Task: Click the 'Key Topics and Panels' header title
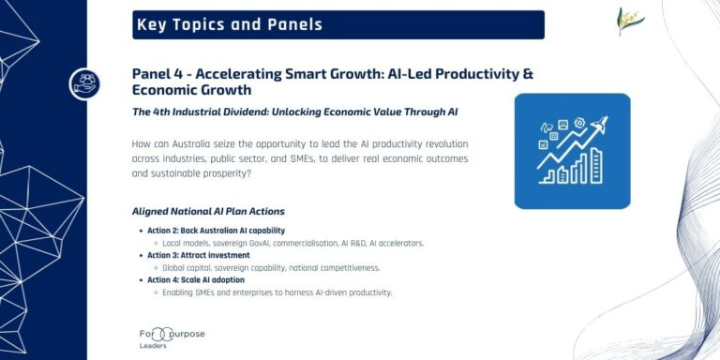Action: [x=230, y=25]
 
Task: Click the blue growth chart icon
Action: [x=571, y=150]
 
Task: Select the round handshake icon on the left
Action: [x=84, y=84]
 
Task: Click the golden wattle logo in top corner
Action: [x=631, y=22]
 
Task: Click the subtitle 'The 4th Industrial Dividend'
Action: [x=216, y=112]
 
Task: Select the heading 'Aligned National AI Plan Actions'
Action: [x=208, y=211]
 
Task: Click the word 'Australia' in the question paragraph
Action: [x=206, y=143]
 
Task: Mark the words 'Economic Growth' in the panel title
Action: [x=192, y=91]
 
